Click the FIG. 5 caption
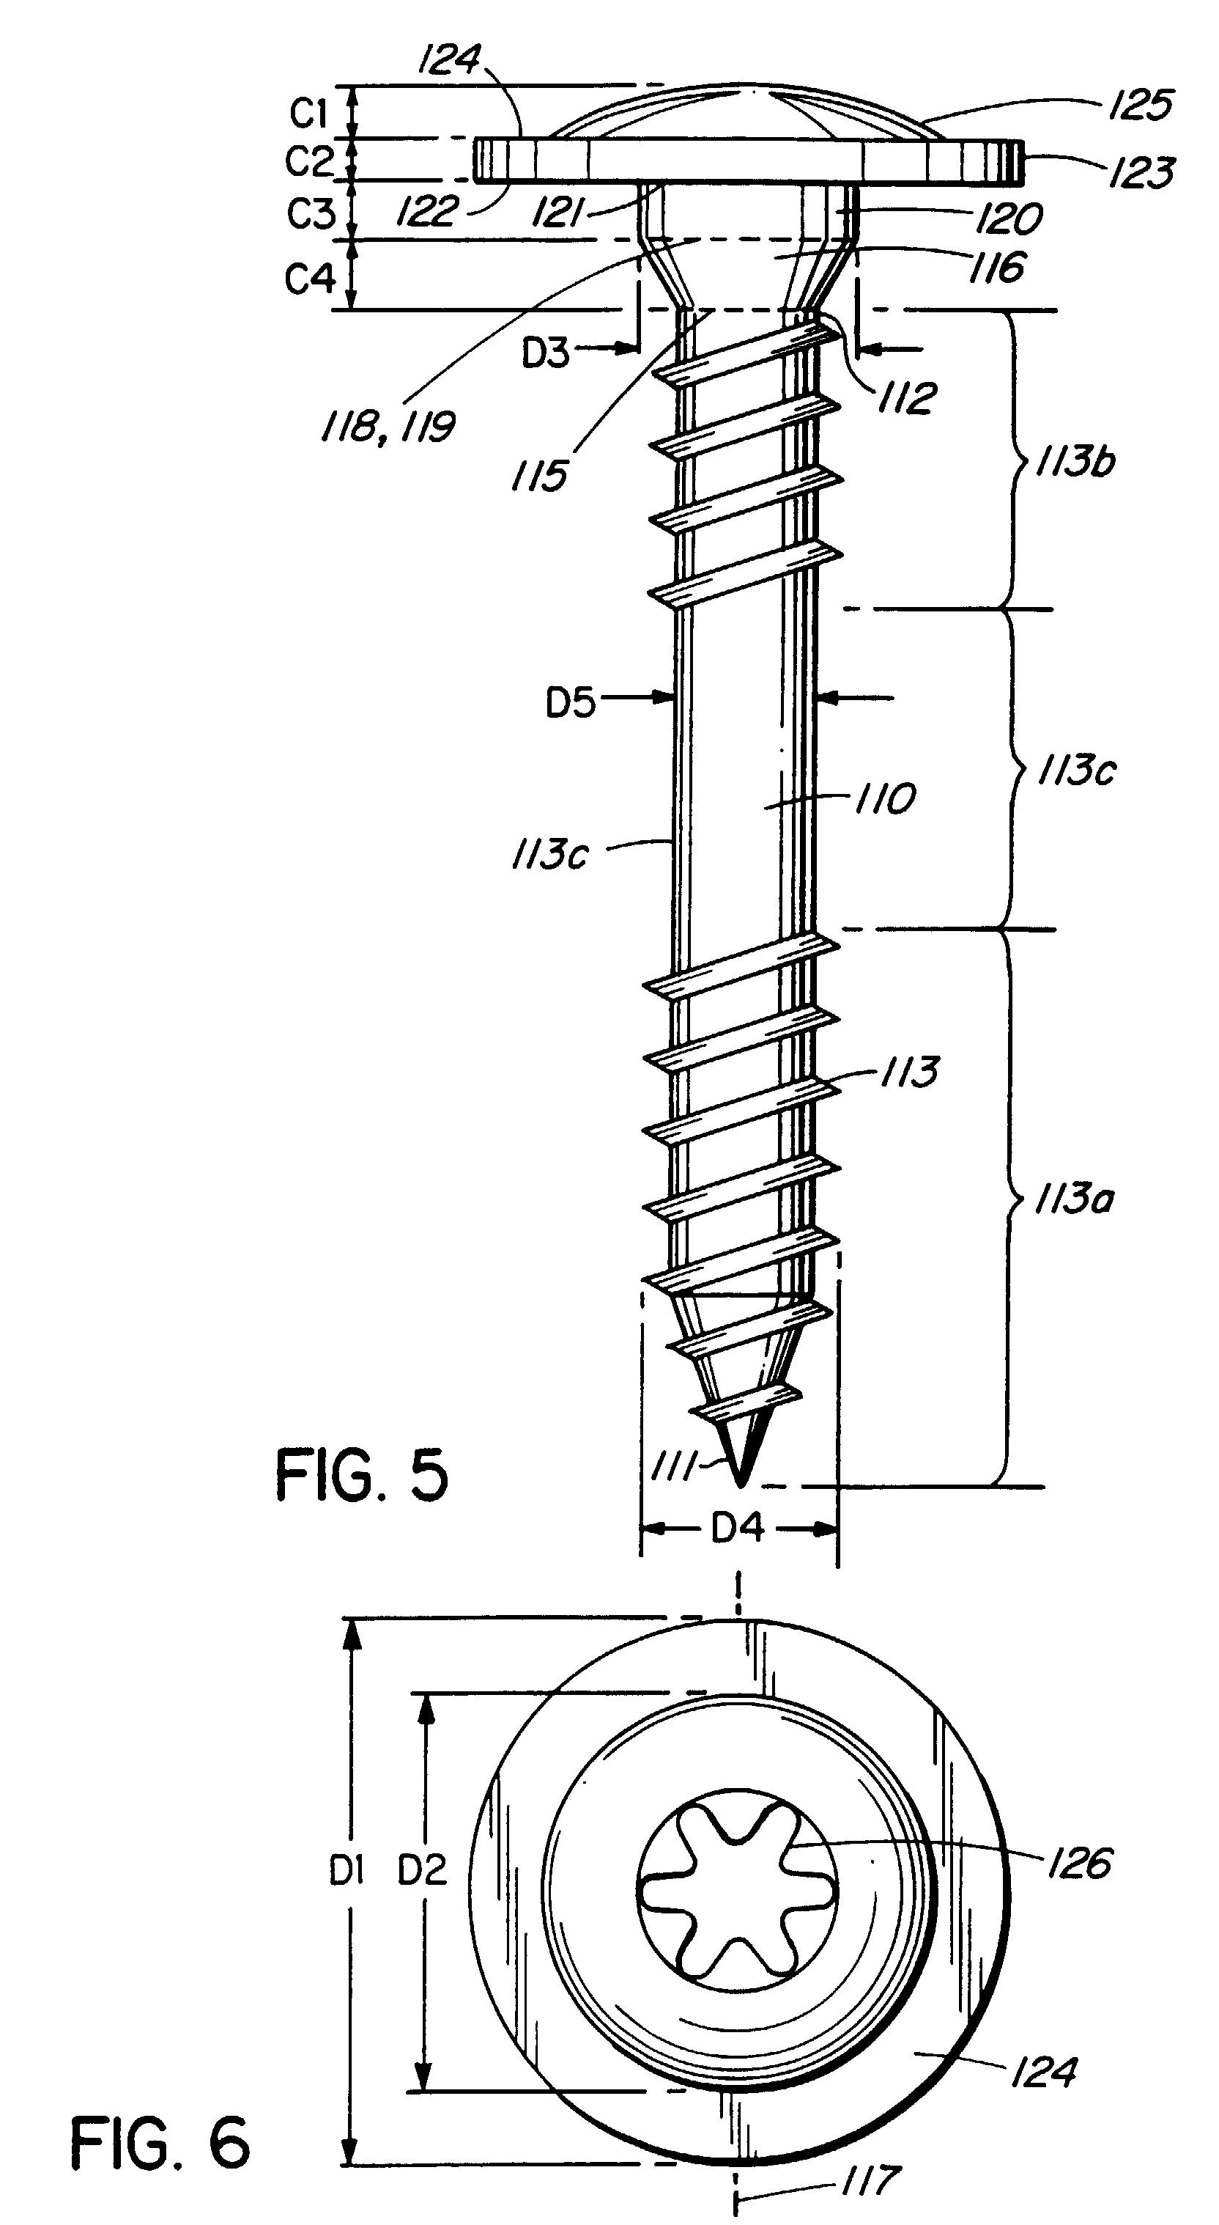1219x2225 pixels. pos(362,1475)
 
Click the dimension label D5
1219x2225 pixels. pos(571,703)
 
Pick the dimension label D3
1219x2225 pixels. pos(546,353)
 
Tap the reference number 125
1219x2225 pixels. pos(1141,106)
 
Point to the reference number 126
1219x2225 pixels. pos(1079,1864)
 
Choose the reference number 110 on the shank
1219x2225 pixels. pos(884,798)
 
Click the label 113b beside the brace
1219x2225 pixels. pos(1075,463)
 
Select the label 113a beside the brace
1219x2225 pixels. pos(1074,1199)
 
